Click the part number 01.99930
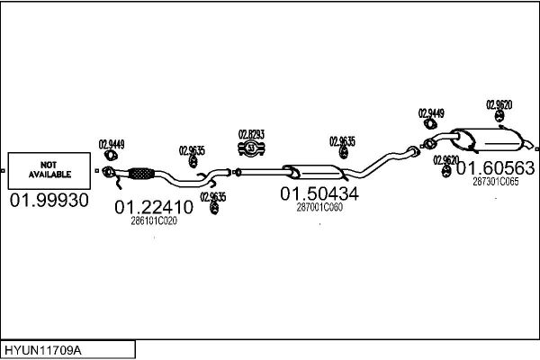49,200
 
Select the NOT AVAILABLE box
49,171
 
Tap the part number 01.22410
154,207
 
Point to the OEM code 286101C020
154,220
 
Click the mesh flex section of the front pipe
141,174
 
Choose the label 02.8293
251,134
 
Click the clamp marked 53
251,148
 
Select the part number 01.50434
319,194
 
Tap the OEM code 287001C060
319,207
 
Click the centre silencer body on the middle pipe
313,172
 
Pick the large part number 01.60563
496,168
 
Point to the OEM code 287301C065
496,182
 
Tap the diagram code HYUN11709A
43,350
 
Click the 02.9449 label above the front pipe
112,144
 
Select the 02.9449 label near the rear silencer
431,113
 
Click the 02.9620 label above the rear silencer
499,104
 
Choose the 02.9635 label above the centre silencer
342,141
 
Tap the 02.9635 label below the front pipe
213,197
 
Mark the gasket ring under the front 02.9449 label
111,156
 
